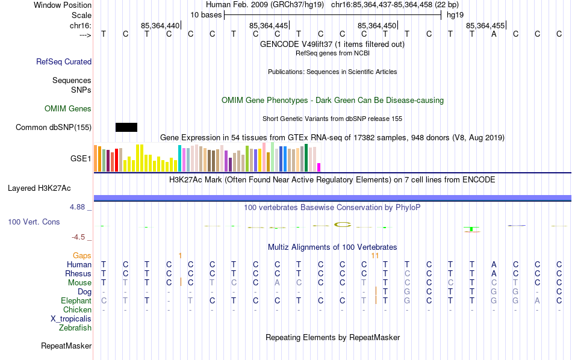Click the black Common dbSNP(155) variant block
pos(126,127)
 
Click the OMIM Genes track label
pos(68,108)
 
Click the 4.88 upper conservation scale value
pos(80,207)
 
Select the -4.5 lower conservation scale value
pos(81,237)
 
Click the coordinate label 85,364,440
pos(160,25)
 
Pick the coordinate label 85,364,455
pos(485,25)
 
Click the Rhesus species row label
pos(78,273)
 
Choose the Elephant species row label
pos(76,300)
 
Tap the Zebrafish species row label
pos(75,327)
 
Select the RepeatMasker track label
pos(66,346)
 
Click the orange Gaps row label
pos(82,255)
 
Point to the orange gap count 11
pos(375,255)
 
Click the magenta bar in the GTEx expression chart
pos(319,167)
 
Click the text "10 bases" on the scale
pos(206,14)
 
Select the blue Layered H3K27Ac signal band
pos(332,198)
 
